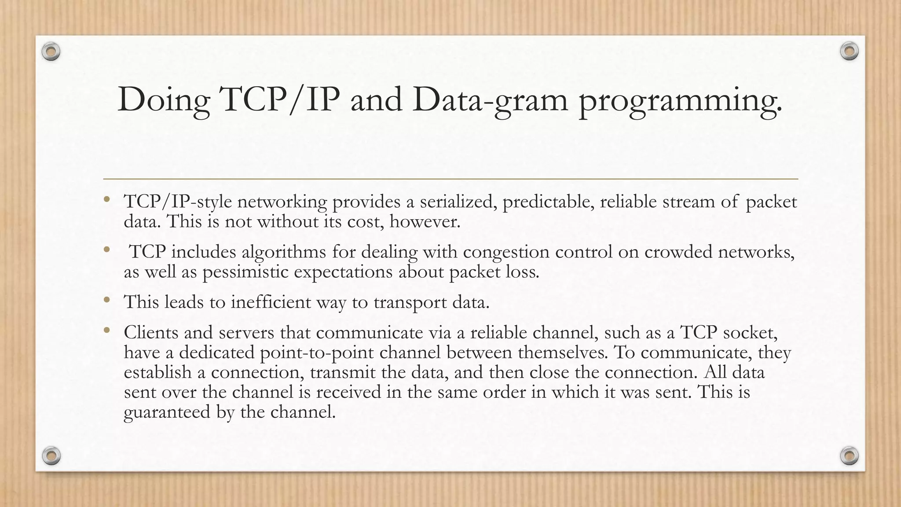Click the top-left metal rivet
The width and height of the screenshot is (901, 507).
pyautogui.click(x=51, y=52)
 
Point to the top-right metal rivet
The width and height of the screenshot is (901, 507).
pyautogui.click(x=849, y=51)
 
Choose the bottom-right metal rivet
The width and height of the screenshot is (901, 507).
pyautogui.click(x=849, y=456)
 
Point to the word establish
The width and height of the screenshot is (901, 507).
pyautogui.click(x=157, y=372)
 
